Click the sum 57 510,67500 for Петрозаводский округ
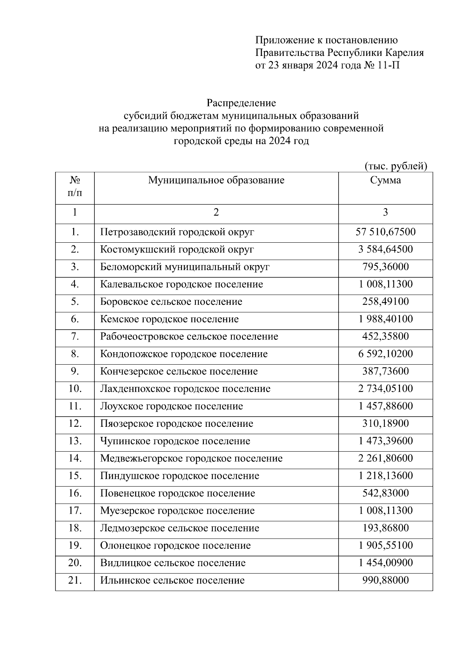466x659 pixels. (x=385, y=232)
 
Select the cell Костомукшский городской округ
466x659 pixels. (x=177, y=249)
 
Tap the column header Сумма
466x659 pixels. (x=385, y=180)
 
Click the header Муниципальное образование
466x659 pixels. (x=216, y=180)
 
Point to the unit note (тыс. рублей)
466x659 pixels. (x=396, y=166)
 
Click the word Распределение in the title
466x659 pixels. (x=241, y=103)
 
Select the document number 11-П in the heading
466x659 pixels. (x=388, y=65)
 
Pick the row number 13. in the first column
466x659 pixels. (x=75, y=441)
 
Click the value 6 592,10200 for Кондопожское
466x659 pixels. (x=385, y=354)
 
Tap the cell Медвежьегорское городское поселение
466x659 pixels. (x=191, y=459)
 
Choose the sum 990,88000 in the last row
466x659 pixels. (x=385, y=581)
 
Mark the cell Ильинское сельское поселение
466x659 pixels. (x=172, y=581)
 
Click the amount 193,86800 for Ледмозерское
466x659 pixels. (x=385, y=528)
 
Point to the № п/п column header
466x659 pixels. (x=75, y=186)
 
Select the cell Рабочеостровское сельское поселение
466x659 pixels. (x=189, y=337)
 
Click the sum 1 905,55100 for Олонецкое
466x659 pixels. (x=385, y=546)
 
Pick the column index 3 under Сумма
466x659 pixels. (x=385, y=212)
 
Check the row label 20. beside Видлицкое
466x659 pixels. (x=75, y=563)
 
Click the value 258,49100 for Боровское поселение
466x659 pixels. (x=385, y=302)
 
